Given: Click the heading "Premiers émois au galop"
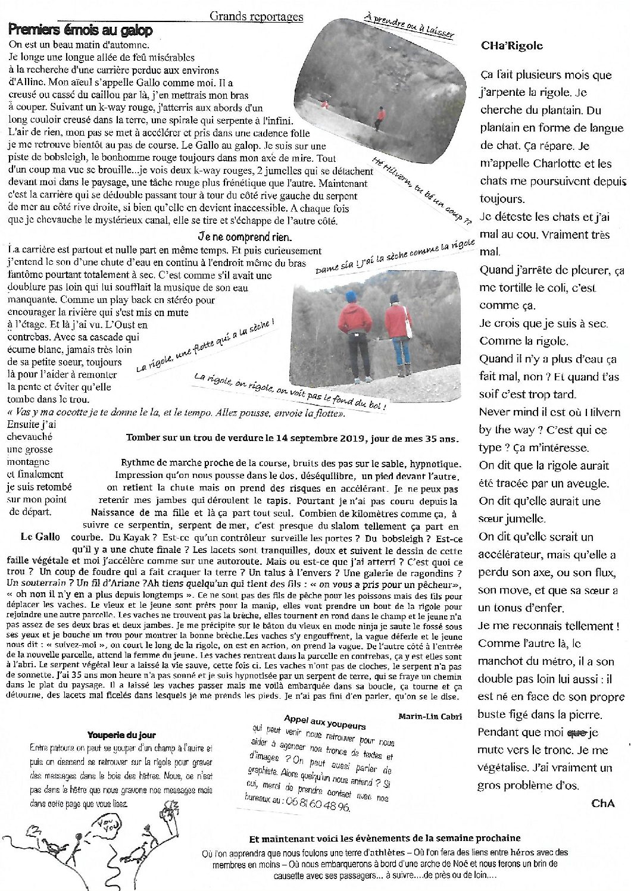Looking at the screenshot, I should [x=81, y=30].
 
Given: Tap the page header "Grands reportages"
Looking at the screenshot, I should [x=256, y=17].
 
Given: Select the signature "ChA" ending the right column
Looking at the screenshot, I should [x=602, y=804].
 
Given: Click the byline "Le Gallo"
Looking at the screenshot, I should [x=40, y=537].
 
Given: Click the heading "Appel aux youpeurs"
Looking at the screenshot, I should [x=324, y=718].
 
